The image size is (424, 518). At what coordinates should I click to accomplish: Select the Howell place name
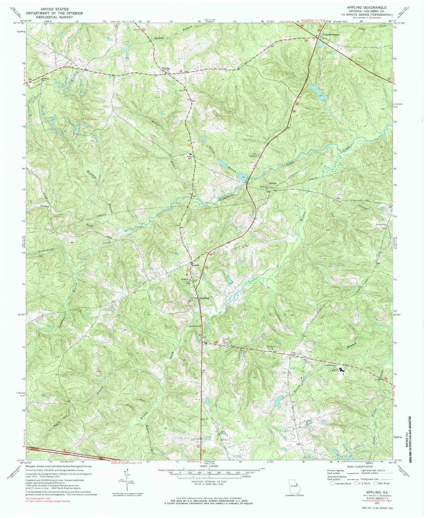(x=195, y=265)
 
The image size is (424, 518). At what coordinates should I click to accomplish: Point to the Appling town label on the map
(x=204, y=298)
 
